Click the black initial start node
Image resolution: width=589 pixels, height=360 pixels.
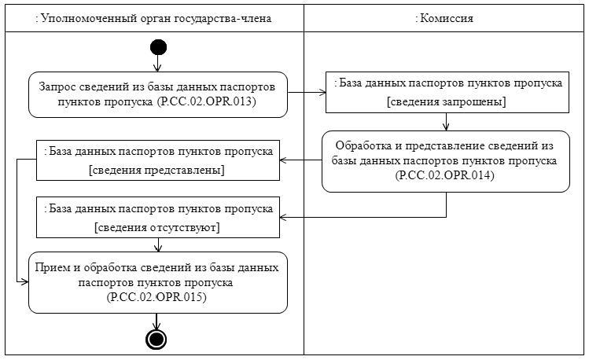(x=158, y=46)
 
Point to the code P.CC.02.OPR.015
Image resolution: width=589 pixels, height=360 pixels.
(x=158, y=299)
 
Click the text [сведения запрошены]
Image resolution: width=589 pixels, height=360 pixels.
(x=446, y=102)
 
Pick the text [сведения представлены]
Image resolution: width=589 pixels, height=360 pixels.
(x=158, y=171)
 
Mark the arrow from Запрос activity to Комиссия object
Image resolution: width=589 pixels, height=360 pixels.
(x=307, y=94)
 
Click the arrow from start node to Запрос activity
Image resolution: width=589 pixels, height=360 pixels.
(x=158, y=63)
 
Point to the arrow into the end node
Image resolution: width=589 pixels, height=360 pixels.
(x=158, y=321)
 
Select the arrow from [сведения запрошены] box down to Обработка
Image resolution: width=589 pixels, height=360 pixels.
(x=446, y=122)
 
